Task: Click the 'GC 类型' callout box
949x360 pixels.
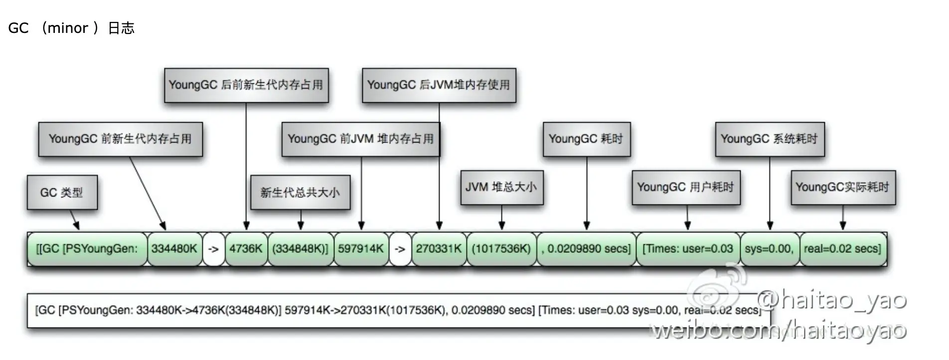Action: point(62,192)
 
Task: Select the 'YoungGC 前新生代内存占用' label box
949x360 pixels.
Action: point(120,139)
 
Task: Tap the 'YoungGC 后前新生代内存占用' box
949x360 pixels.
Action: point(246,85)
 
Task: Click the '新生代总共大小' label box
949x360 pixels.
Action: point(300,192)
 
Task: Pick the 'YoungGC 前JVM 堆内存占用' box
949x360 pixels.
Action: point(360,139)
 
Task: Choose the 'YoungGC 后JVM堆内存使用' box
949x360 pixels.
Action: point(439,85)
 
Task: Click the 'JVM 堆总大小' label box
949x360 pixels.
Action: point(501,187)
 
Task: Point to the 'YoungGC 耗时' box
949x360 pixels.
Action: point(586,139)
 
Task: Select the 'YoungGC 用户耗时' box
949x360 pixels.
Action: point(686,187)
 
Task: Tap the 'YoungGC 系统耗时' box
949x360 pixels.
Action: point(770,139)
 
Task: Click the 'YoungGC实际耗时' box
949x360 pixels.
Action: point(843,187)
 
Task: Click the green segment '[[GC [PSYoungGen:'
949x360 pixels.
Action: point(87,248)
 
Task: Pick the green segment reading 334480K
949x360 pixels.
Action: point(174,248)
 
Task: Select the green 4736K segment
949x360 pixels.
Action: point(246,248)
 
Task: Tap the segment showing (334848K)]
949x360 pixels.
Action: point(300,248)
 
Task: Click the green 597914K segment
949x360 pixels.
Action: point(361,248)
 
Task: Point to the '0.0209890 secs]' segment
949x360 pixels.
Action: point(586,248)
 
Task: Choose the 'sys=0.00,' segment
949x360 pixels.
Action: point(769,248)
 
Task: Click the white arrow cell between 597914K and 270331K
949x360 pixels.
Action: point(400,248)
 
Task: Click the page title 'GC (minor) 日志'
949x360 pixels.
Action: point(71,28)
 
